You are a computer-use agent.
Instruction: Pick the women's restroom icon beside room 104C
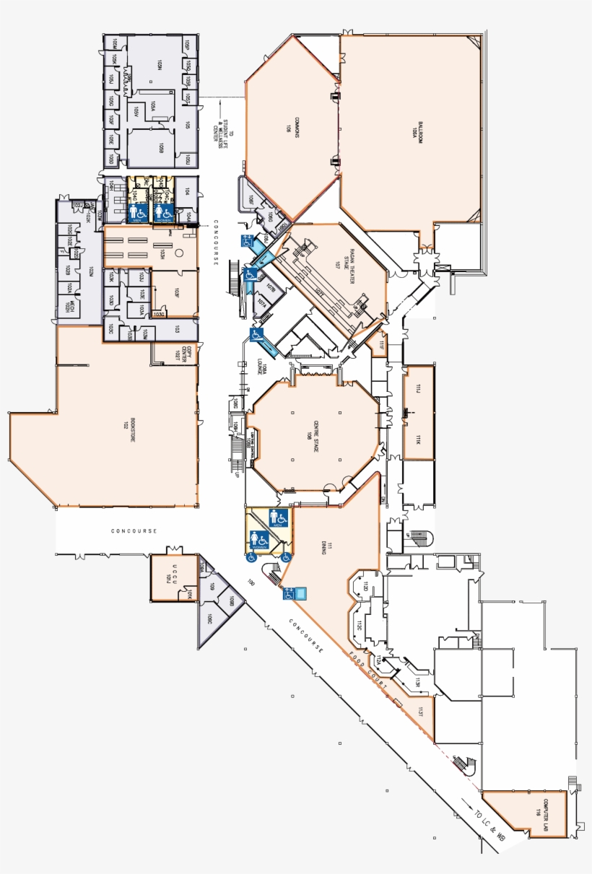[163, 211]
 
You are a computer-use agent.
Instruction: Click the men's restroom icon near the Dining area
[279, 517]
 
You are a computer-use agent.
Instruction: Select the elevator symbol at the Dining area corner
[297, 594]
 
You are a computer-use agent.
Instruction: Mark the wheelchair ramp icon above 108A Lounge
[258, 334]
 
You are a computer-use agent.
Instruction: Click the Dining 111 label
[323, 549]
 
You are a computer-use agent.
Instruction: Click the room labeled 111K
[418, 440]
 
